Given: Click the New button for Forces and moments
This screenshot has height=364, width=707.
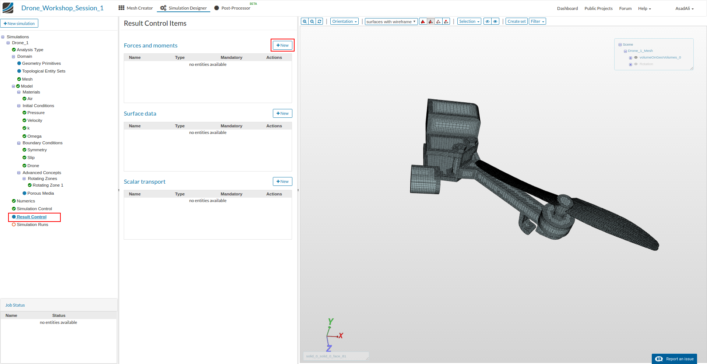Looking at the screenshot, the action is pos(282,45).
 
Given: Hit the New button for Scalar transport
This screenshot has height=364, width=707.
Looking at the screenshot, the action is pos(282,181).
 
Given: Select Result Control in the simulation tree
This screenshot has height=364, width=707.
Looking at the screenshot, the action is pos(32,217).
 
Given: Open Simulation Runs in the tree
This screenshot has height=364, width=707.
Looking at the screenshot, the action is pos(32,225).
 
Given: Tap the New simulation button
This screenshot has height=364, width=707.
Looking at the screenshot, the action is pos(19,24).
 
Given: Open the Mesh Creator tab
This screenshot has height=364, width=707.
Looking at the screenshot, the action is pos(136,8).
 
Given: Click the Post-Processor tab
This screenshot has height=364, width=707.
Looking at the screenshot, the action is pos(232,8).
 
